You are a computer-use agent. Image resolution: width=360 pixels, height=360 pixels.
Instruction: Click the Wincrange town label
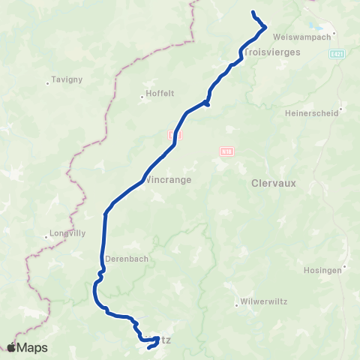[x=169, y=180]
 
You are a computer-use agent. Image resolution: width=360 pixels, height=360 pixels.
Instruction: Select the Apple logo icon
[x=12, y=347]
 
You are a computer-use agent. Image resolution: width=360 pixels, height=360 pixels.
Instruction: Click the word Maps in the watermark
[x=33, y=347]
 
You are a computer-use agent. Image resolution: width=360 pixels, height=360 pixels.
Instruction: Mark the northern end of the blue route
[x=253, y=11]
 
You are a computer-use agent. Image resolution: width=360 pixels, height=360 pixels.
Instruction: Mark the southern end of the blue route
[x=148, y=346]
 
